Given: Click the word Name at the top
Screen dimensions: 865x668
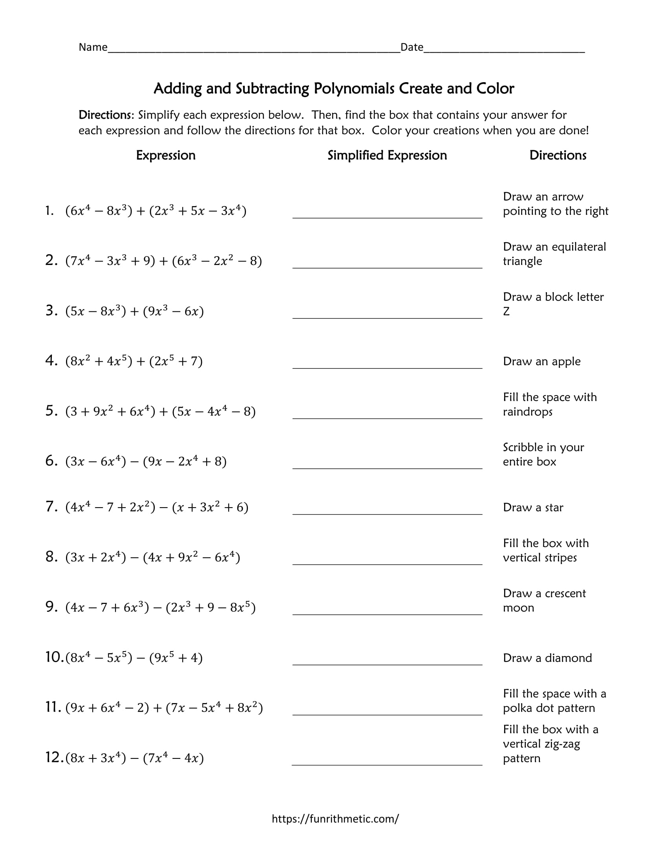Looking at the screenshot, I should tap(93, 47).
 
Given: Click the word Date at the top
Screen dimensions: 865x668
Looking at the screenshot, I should tap(411, 47).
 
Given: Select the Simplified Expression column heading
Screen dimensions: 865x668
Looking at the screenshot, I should tap(387, 155).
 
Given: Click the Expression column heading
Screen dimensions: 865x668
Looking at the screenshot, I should tap(165, 155).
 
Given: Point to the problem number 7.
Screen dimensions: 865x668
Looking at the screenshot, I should tap(51, 506).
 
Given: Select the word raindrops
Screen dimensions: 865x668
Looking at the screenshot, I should tap(527, 412).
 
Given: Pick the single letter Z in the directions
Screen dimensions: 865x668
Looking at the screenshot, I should tap(506, 311).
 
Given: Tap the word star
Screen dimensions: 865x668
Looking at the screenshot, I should tap(554, 507).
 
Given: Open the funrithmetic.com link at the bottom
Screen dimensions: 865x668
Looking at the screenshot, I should tap(335, 819).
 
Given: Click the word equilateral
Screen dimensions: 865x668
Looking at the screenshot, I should tap(578, 247).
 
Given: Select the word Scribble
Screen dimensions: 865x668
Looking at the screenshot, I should tap(523, 447).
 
